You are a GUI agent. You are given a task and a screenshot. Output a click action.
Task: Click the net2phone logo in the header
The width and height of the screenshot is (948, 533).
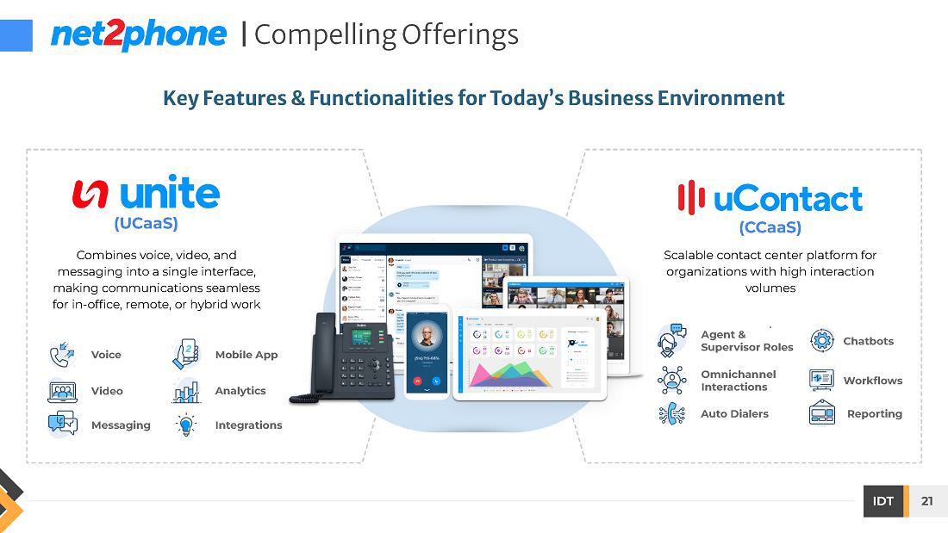(139, 34)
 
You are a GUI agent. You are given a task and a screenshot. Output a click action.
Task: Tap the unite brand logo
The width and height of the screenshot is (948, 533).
(147, 194)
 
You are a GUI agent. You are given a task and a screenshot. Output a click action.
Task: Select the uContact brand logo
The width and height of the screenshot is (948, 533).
(770, 198)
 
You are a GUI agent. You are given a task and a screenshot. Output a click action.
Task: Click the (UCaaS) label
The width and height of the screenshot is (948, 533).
(146, 224)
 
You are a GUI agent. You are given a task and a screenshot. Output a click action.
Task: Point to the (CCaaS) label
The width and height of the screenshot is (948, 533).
(770, 227)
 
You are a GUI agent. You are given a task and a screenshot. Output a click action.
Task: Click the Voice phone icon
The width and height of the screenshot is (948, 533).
(62, 355)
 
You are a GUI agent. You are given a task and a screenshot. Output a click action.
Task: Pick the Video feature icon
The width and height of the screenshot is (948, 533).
(62, 391)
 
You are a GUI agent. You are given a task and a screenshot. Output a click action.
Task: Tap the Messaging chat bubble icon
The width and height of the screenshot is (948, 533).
(62, 425)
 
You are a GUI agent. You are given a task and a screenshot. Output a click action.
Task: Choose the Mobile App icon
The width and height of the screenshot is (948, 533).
(186, 354)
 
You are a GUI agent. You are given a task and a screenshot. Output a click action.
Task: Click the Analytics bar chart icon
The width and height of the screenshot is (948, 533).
(186, 392)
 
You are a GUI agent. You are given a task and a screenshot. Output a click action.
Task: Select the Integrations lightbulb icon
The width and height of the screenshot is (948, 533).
(186, 425)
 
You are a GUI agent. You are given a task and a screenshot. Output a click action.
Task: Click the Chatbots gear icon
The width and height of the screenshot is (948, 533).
(822, 341)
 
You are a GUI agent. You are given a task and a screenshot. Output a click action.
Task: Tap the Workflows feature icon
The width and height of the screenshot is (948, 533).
(821, 380)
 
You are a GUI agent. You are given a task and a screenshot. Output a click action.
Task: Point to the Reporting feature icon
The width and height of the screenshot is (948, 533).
(821, 413)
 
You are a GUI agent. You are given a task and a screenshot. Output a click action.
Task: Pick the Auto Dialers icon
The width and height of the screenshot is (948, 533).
(671, 414)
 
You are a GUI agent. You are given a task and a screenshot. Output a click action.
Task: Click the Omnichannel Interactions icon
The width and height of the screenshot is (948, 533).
(671, 380)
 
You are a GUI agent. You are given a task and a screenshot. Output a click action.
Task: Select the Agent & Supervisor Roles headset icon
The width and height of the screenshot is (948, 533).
(671, 341)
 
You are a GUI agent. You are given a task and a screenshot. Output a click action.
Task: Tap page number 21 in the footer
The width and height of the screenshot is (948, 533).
(926, 501)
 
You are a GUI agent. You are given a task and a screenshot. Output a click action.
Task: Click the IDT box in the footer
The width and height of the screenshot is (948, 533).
(883, 501)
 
